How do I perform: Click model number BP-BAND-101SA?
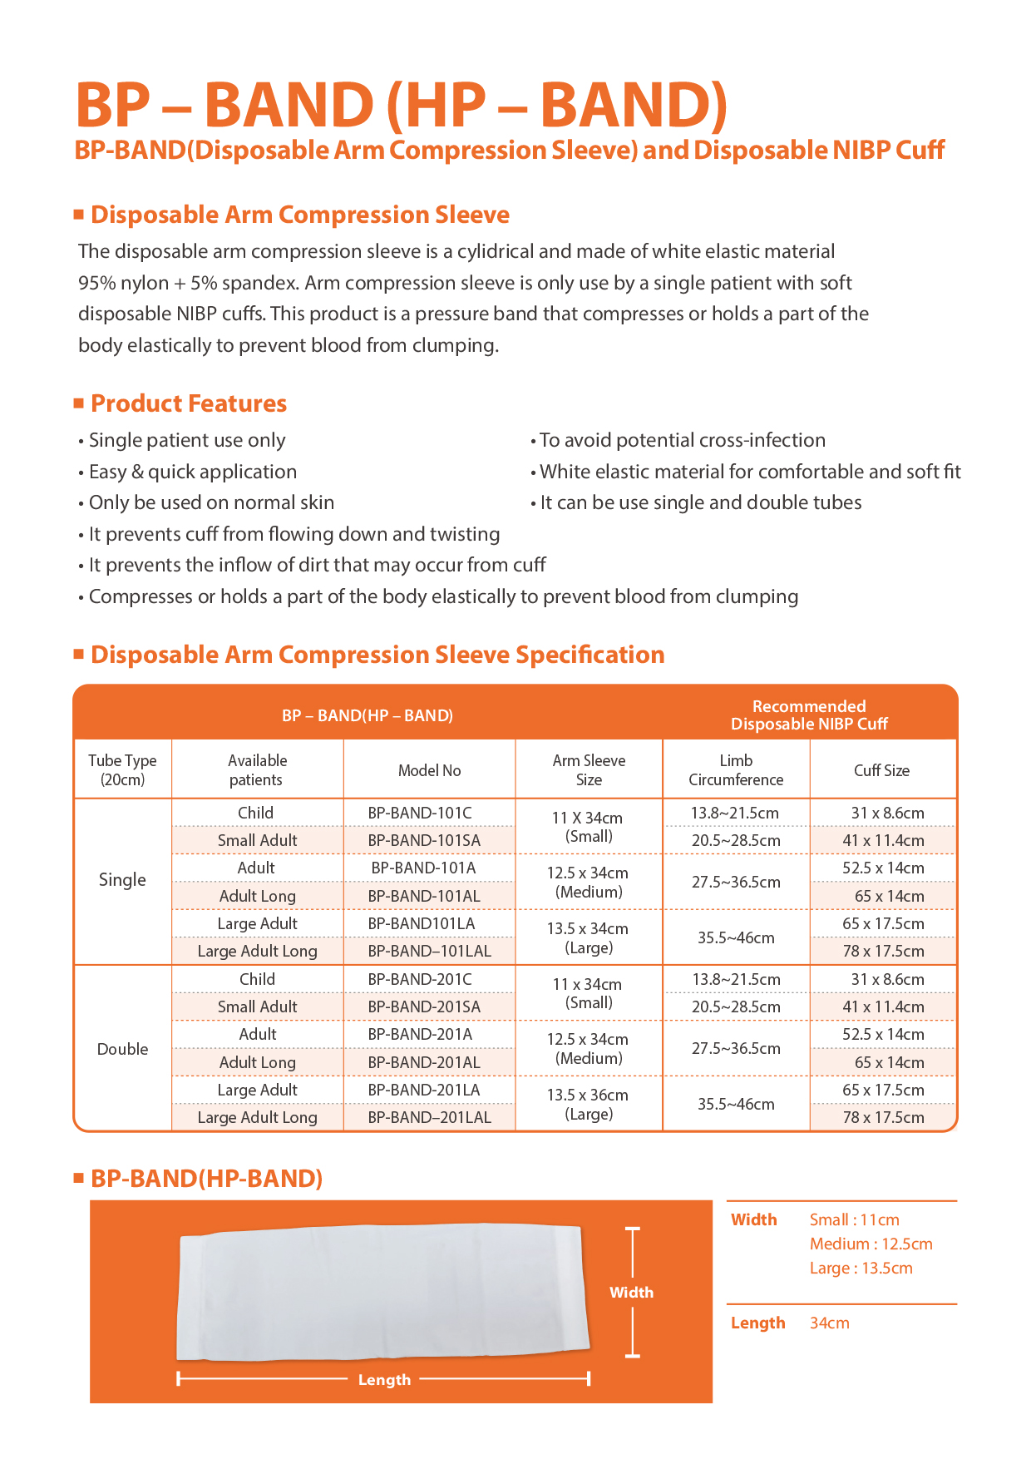(x=424, y=840)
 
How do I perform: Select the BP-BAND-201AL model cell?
(x=424, y=1062)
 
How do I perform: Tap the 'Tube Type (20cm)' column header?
(x=122, y=769)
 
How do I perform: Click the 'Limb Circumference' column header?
(x=736, y=769)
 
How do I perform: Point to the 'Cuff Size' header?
(x=881, y=770)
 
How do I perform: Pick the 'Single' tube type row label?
(x=122, y=880)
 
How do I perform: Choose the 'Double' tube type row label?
(x=122, y=1049)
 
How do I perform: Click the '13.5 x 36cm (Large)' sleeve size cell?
(x=589, y=1104)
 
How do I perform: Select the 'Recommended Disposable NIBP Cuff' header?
(x=809, y=715)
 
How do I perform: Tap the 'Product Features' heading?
(x=189, y=403)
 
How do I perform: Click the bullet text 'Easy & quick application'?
(x=193, y=472)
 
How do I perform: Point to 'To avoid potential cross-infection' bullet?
(x=683, y=440)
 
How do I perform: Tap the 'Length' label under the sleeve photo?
(x=384, y=1379)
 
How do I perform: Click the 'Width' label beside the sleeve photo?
(x=631, y=1292)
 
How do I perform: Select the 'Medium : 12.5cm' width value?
(x=871, y=1244)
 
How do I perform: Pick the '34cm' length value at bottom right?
(x=829, y=1323)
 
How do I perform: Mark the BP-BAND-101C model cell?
(x=420, y=813)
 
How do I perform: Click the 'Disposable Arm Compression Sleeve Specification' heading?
(x=377, y=655)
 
